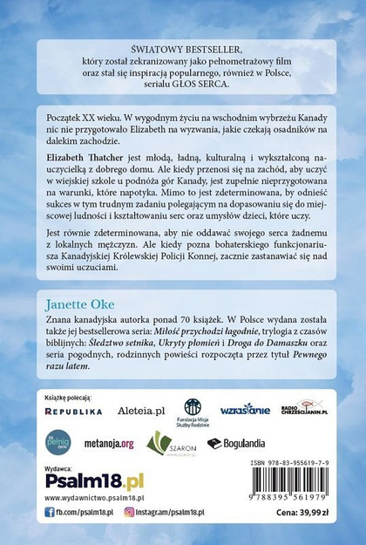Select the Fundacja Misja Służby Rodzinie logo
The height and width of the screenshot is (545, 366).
point(193,410)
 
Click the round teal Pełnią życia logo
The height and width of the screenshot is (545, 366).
point(58,442)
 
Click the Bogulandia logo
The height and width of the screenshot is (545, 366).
point(234,443)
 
